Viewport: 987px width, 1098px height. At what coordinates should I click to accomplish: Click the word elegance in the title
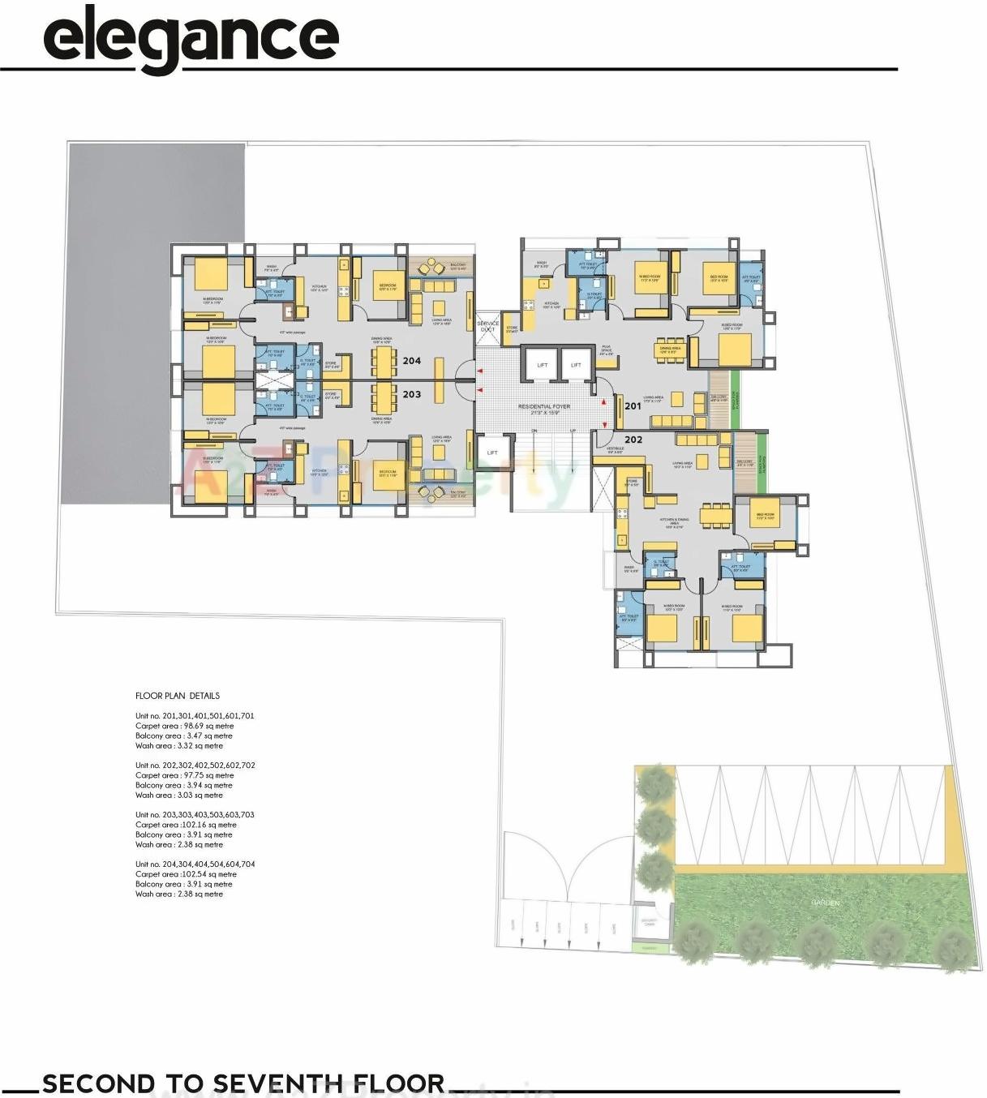pos(191,38)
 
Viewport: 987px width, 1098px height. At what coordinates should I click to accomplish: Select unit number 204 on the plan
pos(412,361)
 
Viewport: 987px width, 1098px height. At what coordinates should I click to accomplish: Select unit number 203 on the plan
pos(412,394)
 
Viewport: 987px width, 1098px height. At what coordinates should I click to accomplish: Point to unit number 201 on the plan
pos(633,405)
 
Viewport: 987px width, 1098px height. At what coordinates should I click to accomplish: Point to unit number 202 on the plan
pos(633,440)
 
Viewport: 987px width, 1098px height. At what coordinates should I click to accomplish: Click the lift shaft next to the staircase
pos(492,452)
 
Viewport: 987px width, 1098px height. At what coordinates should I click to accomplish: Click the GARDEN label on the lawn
pos(825,903)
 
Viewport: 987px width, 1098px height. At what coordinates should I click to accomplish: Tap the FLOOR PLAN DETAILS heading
pos(178,696)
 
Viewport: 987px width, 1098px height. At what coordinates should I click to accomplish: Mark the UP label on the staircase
pos(573,431)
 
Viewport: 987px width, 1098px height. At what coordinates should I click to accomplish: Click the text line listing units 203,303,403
pos(195,815)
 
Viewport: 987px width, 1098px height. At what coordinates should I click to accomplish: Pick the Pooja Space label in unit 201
pos(606,350)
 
